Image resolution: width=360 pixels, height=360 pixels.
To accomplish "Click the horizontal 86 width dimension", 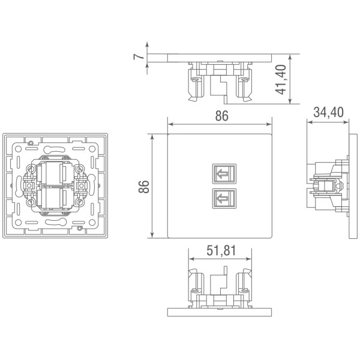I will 221,117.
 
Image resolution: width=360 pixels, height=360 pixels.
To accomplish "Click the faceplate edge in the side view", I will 347,187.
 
